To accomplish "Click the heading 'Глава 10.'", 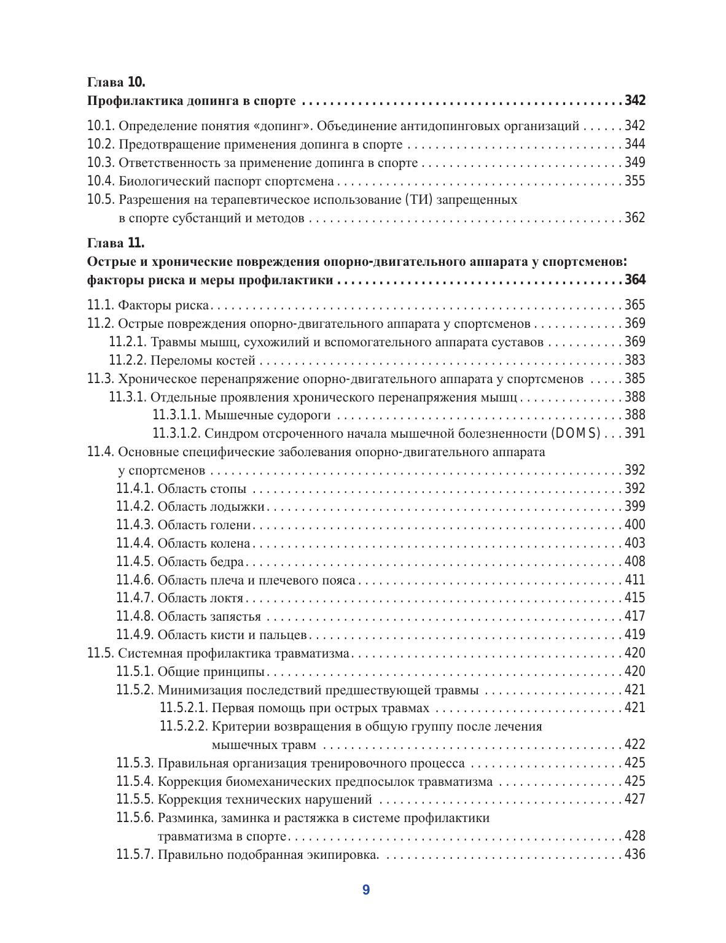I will pos(116,82).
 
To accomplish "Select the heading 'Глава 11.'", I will pos(116,243).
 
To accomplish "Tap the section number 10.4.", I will pos(101,181).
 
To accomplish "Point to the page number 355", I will pos(634,181).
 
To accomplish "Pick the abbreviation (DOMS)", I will pos(576,433).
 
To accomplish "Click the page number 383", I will pos(634,360).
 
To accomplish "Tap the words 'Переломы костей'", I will pos(203,360).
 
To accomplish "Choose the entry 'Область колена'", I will pos(204,543).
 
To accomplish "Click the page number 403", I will pos(634,543).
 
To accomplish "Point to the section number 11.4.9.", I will pos(135,635).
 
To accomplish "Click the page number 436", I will pos(634,854).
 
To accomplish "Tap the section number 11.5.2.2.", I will pos(184,726).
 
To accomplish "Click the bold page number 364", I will pos(634,281).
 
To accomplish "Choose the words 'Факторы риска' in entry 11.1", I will pos(163,305).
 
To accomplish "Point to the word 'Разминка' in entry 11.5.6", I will pos(184,818).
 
